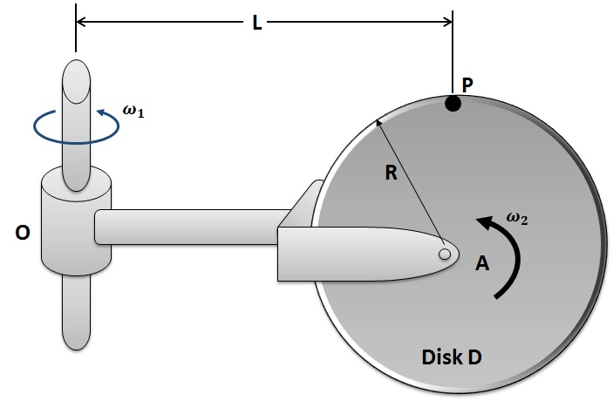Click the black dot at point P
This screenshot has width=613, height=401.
click(453, 105)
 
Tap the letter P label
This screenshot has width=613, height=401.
click(468, 85)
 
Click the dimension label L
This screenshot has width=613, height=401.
click(257, 24)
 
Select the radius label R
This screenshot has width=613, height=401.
click(392, 173)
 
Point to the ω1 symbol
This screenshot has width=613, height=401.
click(133, 111)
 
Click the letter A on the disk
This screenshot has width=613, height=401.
click(481, 262)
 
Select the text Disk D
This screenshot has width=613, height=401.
click(452, 357)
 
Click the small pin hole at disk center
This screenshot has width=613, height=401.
click(445, 254)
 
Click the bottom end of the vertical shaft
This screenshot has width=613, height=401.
click(75, 336)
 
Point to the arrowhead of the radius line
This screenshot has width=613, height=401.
click(378, 123)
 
